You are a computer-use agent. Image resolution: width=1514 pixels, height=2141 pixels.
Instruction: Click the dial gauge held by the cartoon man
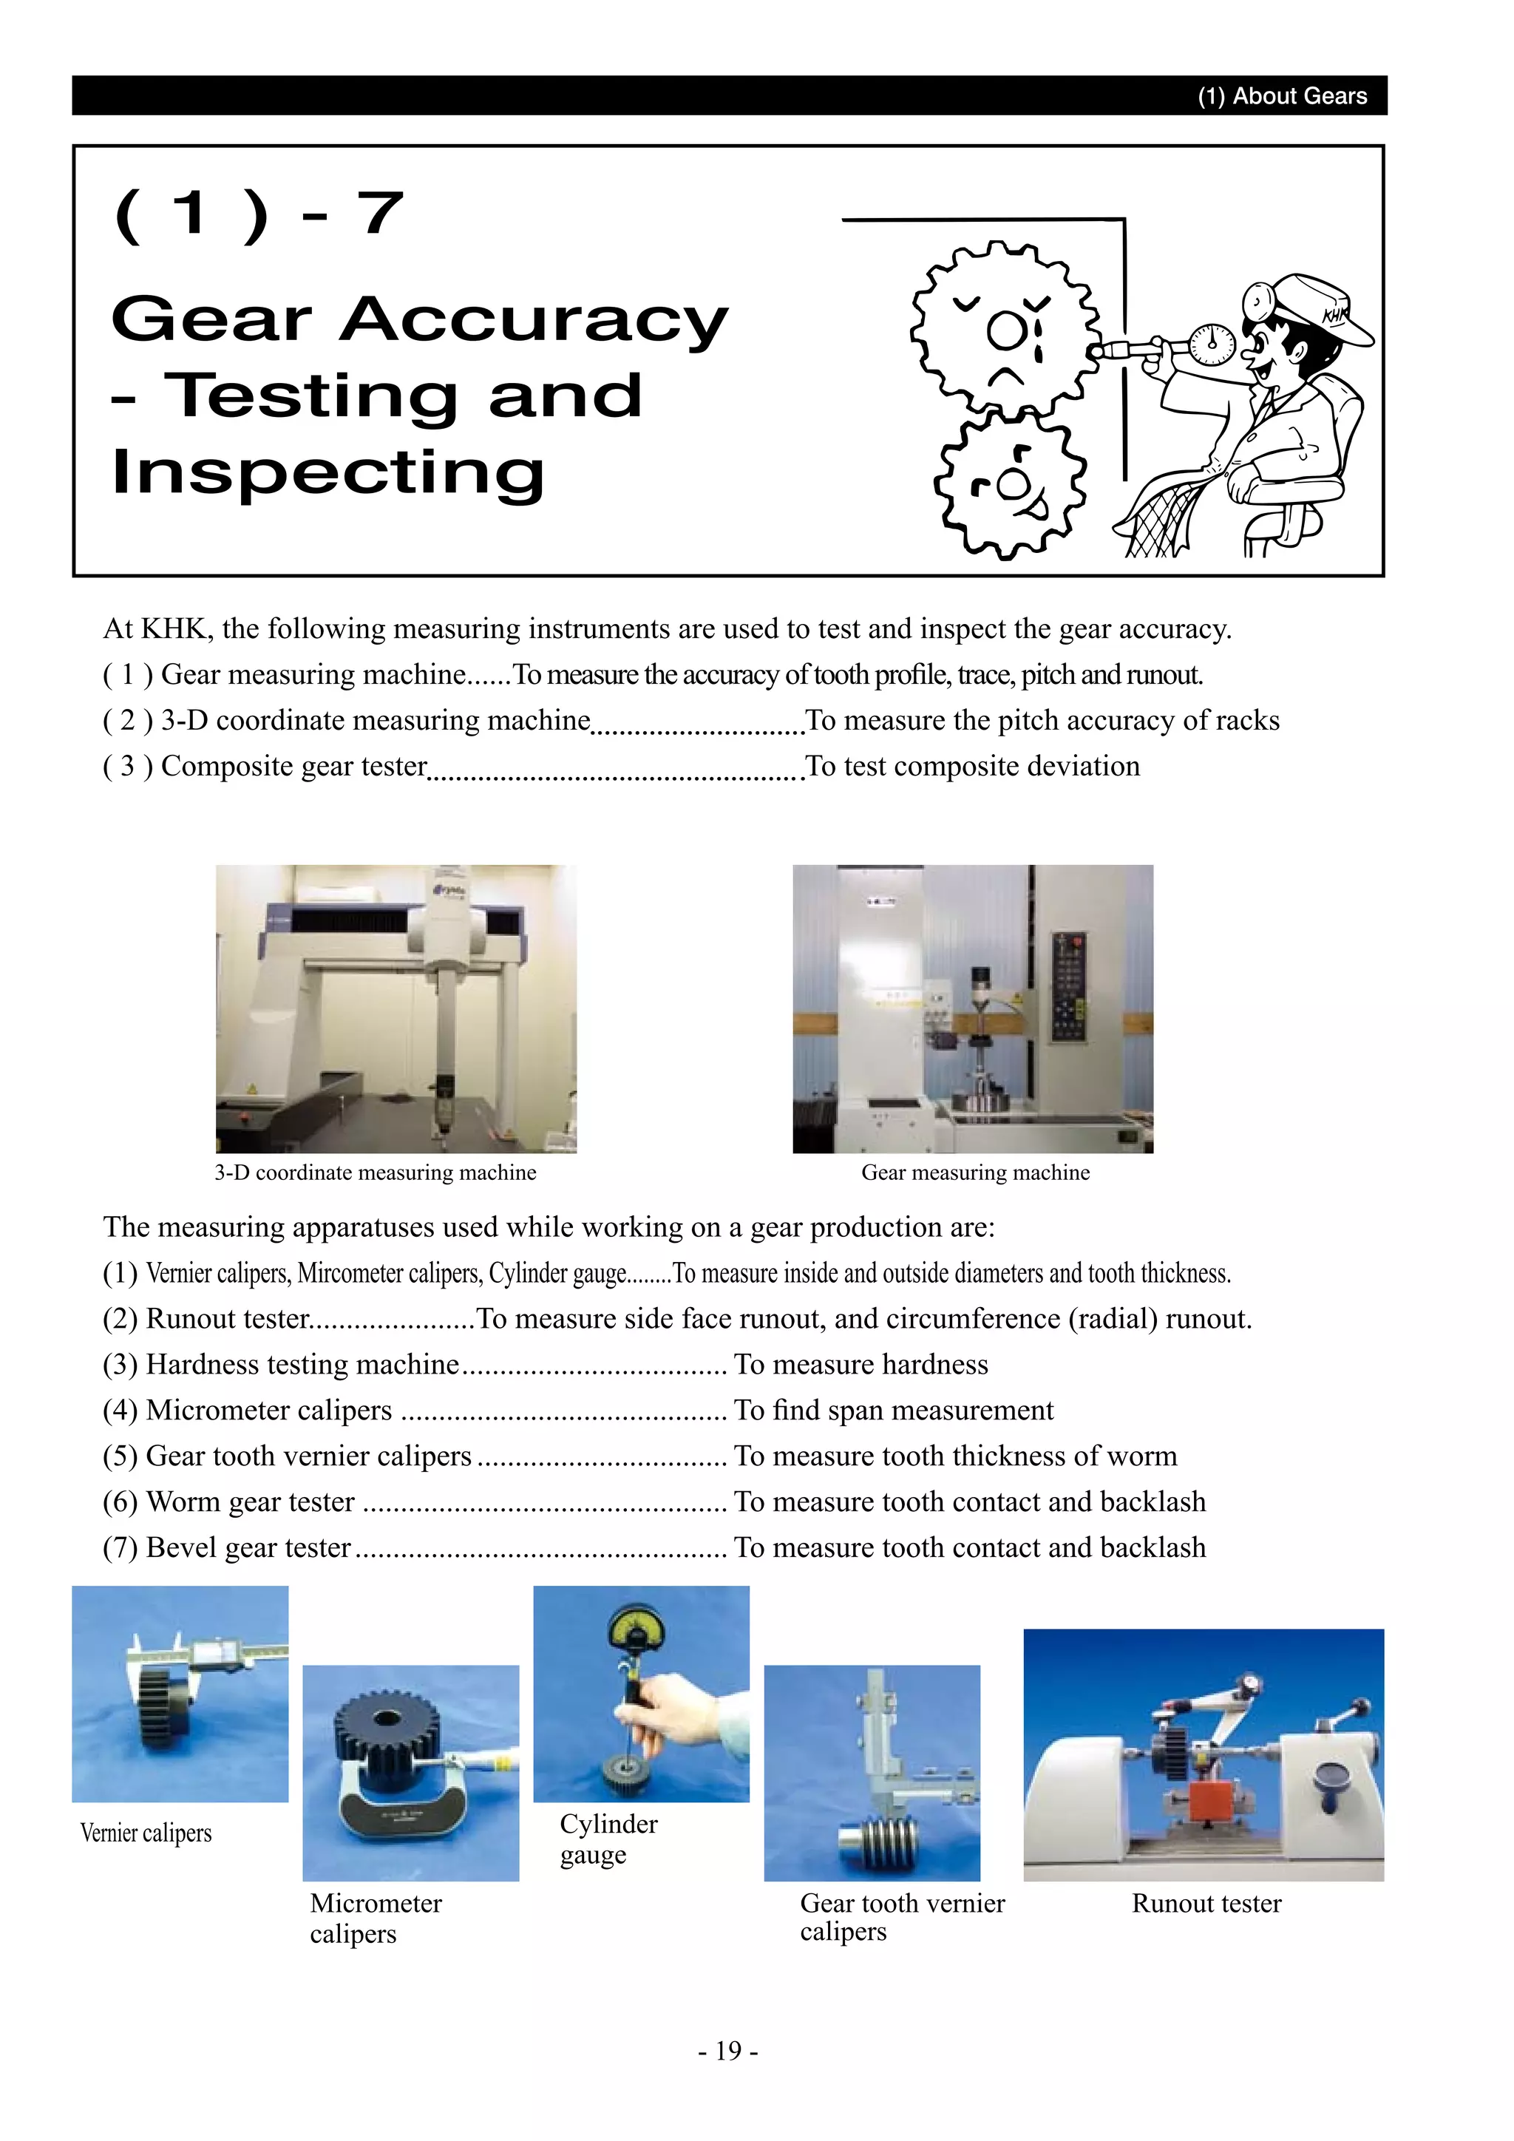[1212, 342]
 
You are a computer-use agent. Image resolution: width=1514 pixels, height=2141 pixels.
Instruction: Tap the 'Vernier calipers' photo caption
[146, 1833]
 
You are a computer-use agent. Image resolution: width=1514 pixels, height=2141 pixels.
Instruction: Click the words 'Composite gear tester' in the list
[293, 766]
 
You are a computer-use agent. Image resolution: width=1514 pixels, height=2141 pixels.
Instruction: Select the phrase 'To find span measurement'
[893, 1410]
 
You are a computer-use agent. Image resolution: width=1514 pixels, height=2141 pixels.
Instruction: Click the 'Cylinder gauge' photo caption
[607, 1839]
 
